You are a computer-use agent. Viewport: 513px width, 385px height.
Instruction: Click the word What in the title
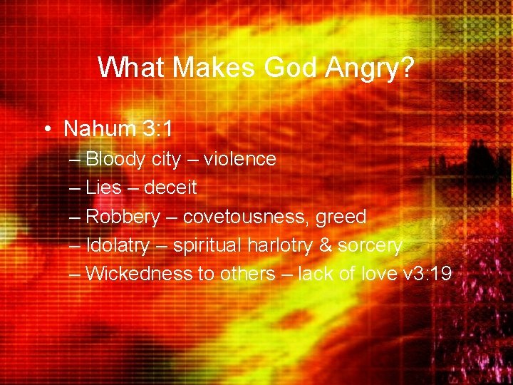(x=133, y=68)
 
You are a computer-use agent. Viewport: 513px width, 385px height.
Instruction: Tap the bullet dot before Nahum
(x=46, y=129)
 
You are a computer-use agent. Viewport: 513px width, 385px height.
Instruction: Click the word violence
(x=239, y=159)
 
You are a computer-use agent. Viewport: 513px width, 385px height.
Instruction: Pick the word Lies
(x=104, y=188)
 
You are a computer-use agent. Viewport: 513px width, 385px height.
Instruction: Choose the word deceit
(x=170, y=188)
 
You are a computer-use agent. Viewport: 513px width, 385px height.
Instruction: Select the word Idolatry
(x=118, y=245)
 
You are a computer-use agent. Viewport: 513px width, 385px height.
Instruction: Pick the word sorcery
(x=369, y=246)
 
